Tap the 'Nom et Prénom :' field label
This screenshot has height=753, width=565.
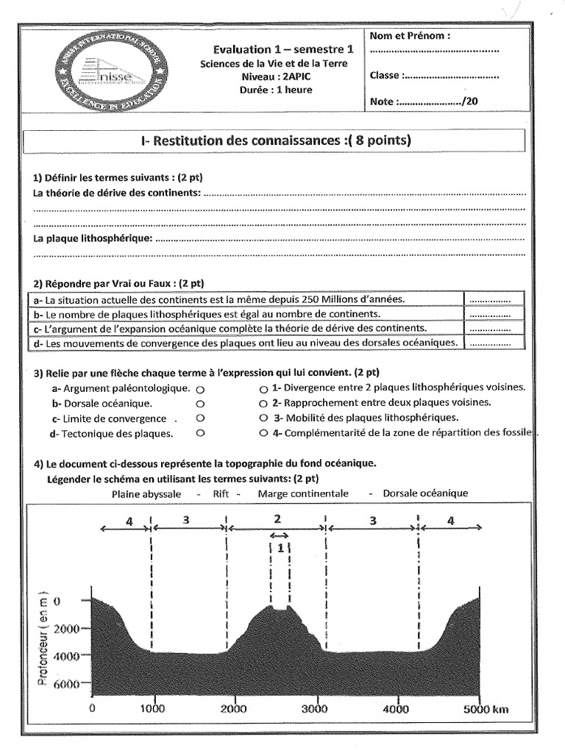410,35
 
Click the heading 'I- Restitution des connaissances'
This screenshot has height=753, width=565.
276,140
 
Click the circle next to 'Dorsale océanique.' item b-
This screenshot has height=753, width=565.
201,404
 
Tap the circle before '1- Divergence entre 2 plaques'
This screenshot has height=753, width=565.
263,388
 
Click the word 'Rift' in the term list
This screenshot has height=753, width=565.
221,493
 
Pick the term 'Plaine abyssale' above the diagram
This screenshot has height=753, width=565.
146,493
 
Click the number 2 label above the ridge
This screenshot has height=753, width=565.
277,519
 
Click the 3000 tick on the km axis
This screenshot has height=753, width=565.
314,709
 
